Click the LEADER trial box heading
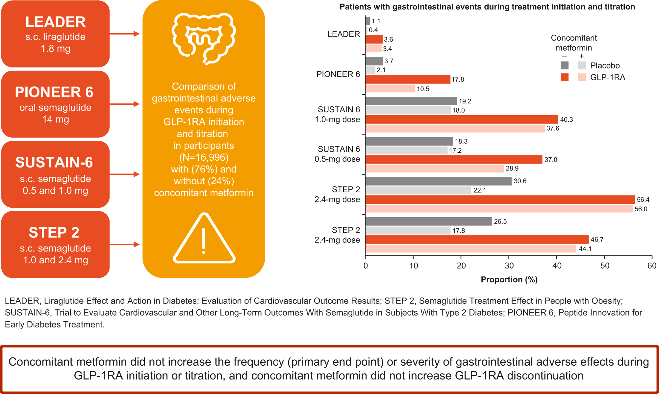click(x=55, y=22)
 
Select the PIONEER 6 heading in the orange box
click(x=54, y=92)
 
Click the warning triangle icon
click(x=204, y=238)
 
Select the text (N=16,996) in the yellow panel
click(x=204, y=157)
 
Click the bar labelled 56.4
click(x=500, y=199)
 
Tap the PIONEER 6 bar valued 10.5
click(x=390, y=89)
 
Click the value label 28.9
click(x=512, y=169)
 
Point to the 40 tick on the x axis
click(x=557, y=266)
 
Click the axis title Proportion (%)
click(x=509, y=279)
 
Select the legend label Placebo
click(x=605, y=66)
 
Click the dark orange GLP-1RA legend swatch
click(x=564, y=77)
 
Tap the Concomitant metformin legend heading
click(x=573, y=43)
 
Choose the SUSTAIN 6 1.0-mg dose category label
click(x=338, y=114)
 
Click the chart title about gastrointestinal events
click(x=487, y=7)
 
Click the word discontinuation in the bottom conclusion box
click(x=545, y=376)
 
